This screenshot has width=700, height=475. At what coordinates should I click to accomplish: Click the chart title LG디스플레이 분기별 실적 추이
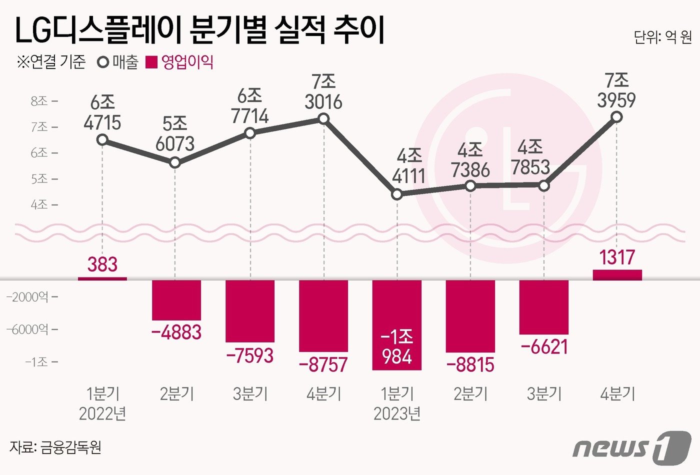click(x=200, y=31)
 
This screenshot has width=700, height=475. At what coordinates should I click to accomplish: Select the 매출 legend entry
click(x=118, y=62)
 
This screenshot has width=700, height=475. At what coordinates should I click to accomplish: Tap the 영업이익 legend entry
click(x=180, y=62)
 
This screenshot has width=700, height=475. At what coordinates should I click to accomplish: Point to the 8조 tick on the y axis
click(x=40, y=101)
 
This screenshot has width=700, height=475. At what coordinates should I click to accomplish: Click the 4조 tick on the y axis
click(x=40, y=204)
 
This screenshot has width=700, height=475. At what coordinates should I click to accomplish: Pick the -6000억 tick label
click(x=28, y=329)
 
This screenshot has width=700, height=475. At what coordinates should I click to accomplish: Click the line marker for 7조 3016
click(x=323, y=118)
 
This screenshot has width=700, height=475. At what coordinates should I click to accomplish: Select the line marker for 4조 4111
click(x=397, y=194)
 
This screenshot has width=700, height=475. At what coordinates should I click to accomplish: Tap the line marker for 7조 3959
click(x=617, y=117)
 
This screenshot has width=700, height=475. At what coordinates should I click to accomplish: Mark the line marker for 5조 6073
click(x=175, y=162)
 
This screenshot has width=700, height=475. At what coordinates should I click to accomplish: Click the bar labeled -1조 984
click(x=397, y=325)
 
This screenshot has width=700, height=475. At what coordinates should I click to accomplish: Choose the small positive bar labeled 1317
click(x=617, y=274)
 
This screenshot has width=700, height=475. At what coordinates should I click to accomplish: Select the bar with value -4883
click(x=176, y=300)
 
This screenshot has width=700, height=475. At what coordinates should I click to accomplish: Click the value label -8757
click(x=323, y=364)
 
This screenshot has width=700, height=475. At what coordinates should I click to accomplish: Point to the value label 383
click(x=102, y=264)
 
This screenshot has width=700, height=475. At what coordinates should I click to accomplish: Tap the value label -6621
click(x=544, y=346)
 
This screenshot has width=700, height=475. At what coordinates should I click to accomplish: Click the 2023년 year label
click(x=397, y=414)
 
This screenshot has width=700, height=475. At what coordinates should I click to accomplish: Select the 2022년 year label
click(x=102, y=414)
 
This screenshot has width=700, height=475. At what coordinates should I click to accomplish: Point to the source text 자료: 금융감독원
click(x=55, y=446)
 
